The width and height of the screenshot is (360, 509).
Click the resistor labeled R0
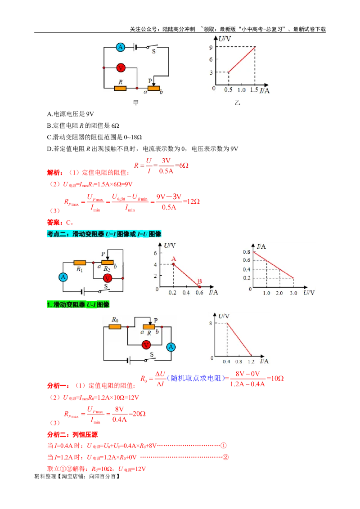[x=115, y=326]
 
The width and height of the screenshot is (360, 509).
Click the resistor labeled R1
[x=80, y=262]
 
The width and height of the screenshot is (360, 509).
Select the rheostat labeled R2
[x=107, y=263]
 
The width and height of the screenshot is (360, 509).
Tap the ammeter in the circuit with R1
[x=63, y=277]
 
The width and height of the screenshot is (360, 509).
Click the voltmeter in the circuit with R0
[x=145, y=344]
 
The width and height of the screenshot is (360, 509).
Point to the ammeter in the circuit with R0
[x=171, y=347]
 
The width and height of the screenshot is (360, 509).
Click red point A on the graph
[x=173, y=264]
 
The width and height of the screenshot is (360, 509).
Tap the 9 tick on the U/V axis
[x=211, y=47]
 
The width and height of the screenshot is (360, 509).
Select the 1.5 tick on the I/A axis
[x=255, y=90]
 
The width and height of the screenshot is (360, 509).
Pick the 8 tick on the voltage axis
[x=211, y=323]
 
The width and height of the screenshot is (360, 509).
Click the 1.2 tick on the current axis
[x=251, y=362]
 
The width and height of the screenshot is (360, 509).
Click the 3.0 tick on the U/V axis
[x=293, y=293]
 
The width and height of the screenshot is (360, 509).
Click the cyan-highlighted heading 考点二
[x=103, y=233]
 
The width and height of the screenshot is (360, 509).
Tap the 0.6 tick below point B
[x=199, y=293]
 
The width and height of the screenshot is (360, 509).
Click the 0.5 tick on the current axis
[x=229, y=90]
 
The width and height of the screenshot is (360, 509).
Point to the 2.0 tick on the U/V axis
[x=279, y=293]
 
